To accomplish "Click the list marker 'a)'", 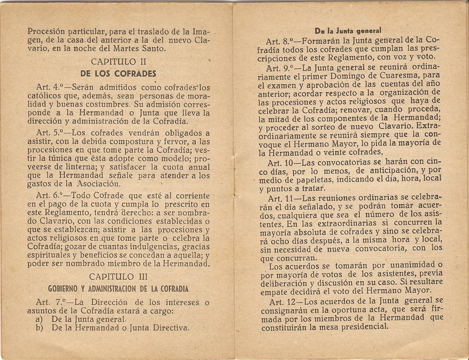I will click(39, 317).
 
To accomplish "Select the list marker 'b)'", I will click(39, 327).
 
